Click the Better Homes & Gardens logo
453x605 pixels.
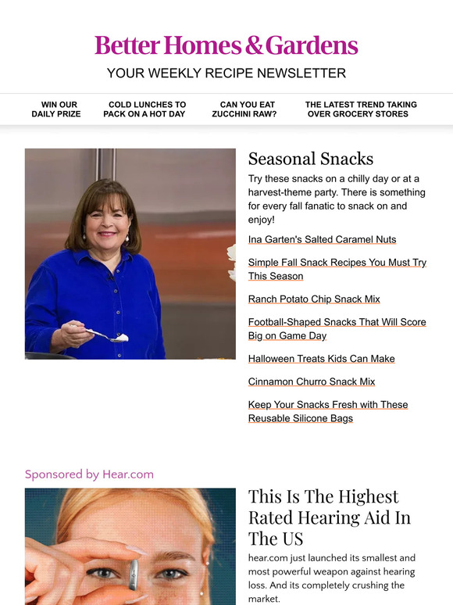226,45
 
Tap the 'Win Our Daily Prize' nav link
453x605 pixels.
56,109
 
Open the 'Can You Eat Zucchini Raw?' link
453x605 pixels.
244,109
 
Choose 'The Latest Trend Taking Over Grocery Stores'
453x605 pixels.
361,109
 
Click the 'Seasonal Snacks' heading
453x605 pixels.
311,159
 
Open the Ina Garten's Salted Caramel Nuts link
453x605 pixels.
322,240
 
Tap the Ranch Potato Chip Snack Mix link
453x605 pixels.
314,299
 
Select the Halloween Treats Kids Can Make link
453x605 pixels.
321,359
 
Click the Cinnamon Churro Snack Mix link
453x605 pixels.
312,382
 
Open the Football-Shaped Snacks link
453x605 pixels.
337,329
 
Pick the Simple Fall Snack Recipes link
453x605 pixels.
337,270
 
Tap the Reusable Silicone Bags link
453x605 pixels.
328,412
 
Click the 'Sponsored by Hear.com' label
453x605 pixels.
89,474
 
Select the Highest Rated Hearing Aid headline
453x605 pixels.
329,517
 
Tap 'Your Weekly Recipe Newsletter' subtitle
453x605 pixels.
226,73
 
